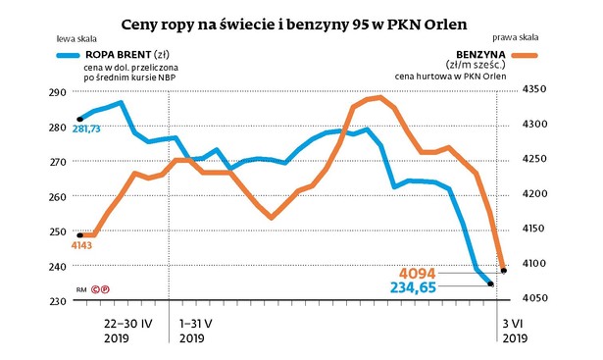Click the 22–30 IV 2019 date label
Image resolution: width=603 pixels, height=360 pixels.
[x=122, y=329]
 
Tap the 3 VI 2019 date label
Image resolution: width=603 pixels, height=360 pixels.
[x=516, y=329]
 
